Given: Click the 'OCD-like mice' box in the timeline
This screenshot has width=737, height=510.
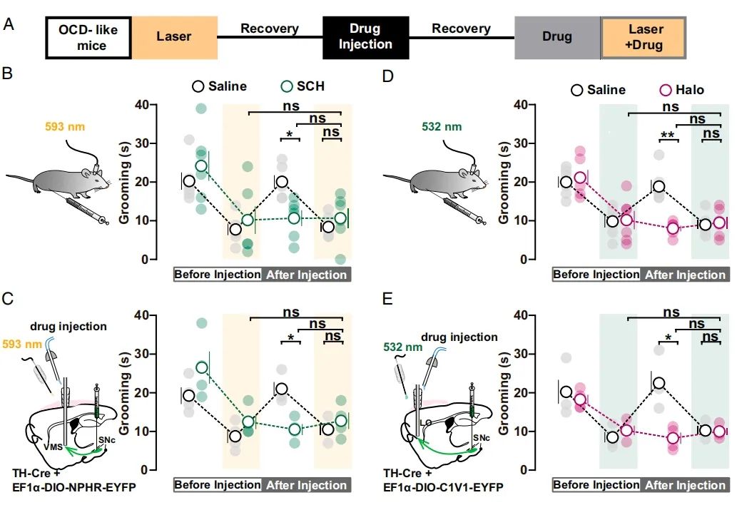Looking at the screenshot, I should [x=88, y=37].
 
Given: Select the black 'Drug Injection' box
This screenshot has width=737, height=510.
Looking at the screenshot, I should [x=365, y=37].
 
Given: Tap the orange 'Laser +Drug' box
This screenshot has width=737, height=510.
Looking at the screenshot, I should [x=644, y=37].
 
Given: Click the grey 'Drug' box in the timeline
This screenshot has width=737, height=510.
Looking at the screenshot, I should [x=557, y=37].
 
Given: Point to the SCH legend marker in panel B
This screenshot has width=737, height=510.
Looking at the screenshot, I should [x=287, y=86].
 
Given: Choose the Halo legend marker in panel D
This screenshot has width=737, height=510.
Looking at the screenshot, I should [x=665, y=90].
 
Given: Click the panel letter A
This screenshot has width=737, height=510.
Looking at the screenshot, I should [x=9, y=25].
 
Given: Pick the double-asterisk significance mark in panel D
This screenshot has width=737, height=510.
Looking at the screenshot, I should [x=669, y=135].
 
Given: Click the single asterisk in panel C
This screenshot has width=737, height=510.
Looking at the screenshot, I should [x=290, y=337].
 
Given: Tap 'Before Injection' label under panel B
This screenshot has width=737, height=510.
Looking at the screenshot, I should [x=218, y=275].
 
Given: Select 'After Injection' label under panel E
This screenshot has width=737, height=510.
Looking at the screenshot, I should [x=685, y=485].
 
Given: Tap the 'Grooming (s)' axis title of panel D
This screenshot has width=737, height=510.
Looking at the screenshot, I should [x=504, y=182].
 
